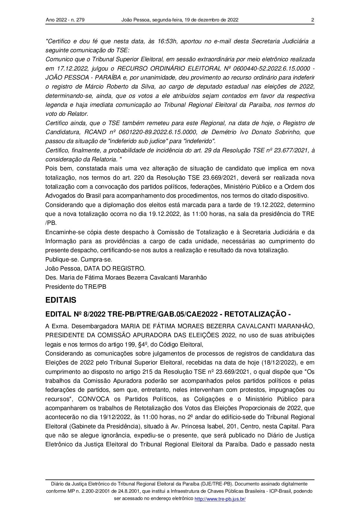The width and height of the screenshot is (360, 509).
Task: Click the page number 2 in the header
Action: tap(312, 20)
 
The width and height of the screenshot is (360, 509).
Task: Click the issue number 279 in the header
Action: tap(80, 20)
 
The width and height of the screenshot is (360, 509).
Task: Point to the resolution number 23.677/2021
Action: tap(292, 150)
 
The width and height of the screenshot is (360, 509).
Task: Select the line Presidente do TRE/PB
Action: tap(76, 287)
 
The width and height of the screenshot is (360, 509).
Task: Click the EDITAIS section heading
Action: tap(61, 300)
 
